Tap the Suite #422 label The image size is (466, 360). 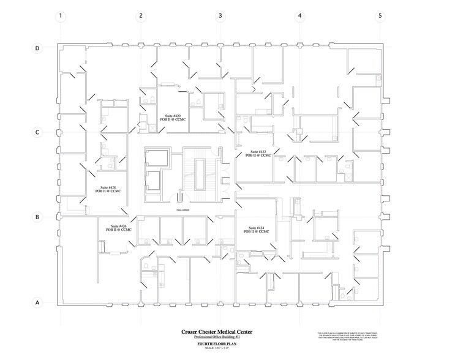pos(258,153)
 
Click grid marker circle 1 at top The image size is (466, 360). pos(60,17)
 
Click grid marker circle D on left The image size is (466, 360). pos(37,48)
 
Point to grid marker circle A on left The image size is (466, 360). pos(37,302)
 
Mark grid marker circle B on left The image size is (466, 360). pos(37,217)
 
